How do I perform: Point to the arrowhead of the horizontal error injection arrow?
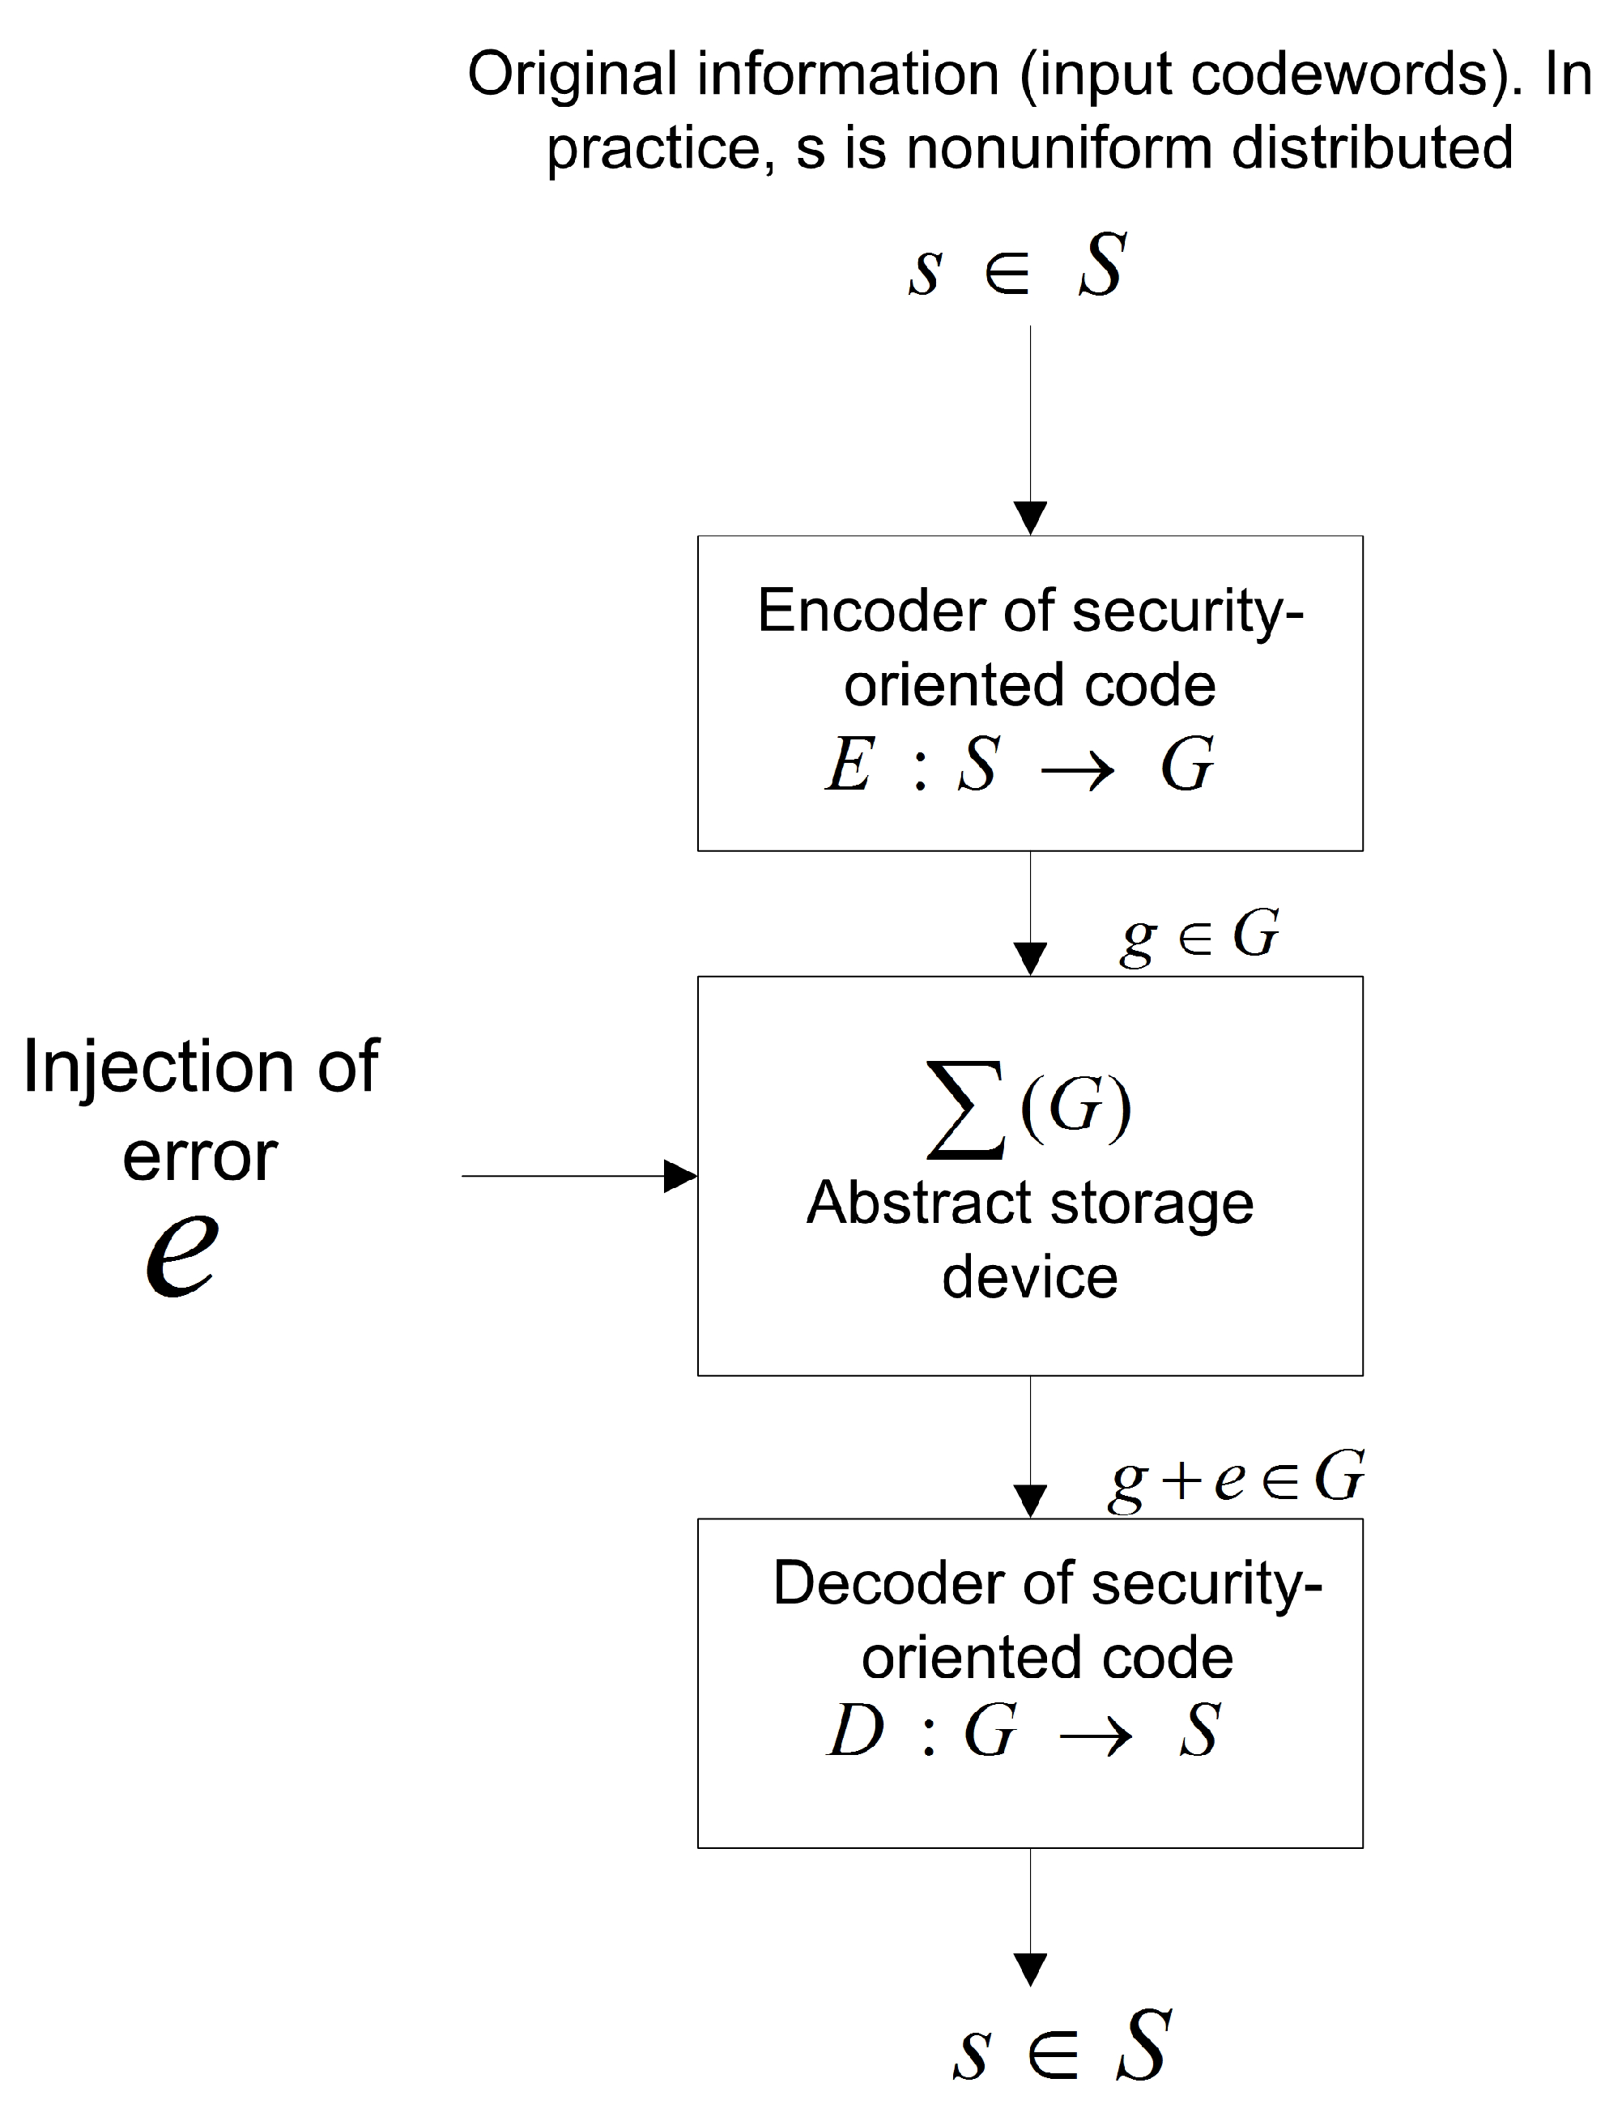pos(682,1176)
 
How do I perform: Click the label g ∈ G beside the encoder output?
pos(1200,935)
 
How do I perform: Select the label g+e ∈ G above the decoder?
pos(1237,1478)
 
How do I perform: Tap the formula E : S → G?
pos(1020,765)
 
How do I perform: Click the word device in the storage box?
pos(1029,1278)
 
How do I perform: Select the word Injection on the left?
pos(157,1067)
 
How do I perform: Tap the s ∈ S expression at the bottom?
pos(1061,2046)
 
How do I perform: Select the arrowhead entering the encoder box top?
pos(1030,518)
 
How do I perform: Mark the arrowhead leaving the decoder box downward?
pos(1030,1970)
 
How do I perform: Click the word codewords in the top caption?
pos(1343,75)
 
